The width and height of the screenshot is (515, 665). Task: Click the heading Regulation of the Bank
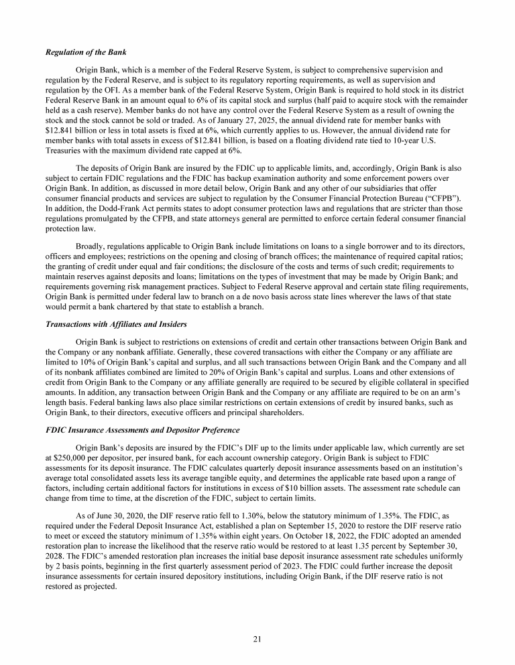86,52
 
